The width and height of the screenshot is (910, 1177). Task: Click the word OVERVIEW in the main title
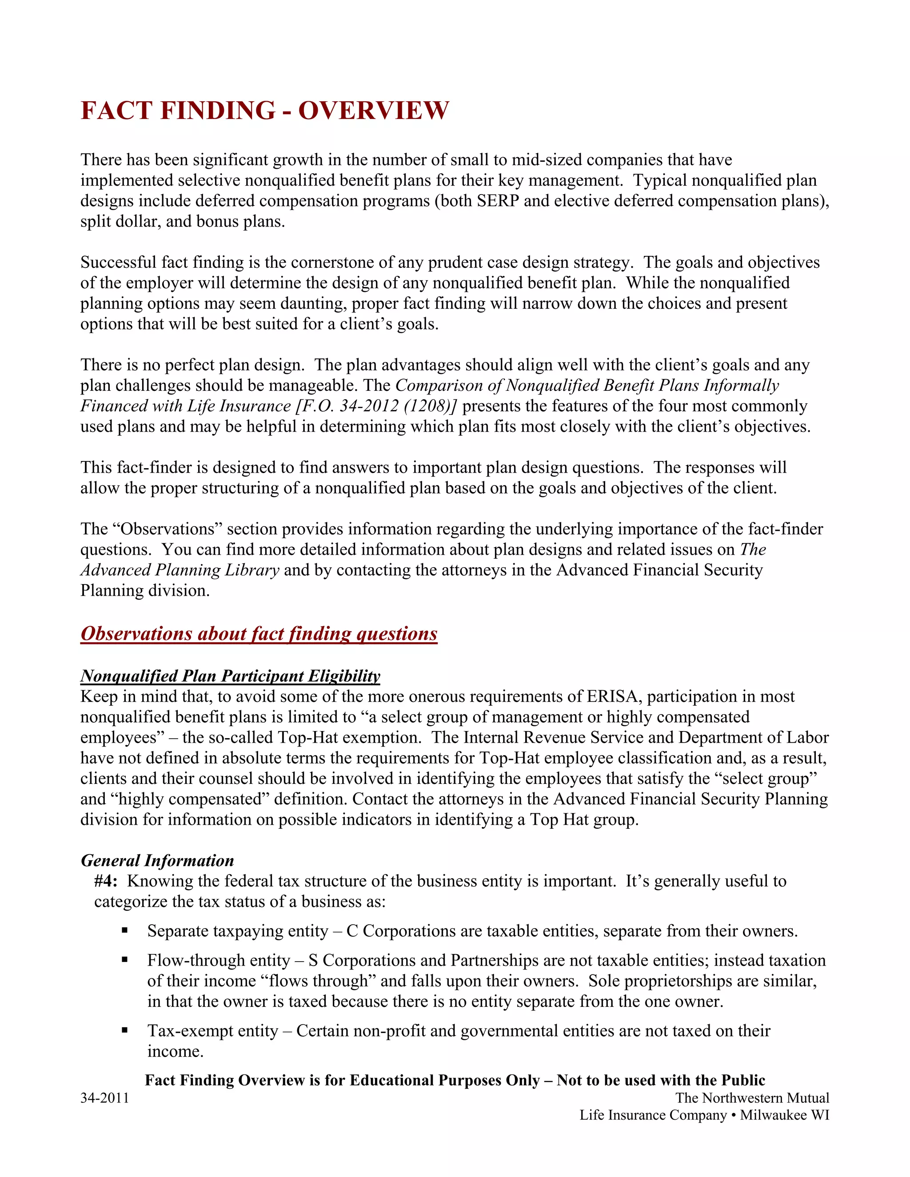coord(373,111)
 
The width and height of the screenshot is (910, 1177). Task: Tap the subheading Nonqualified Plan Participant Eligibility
coord(230,676)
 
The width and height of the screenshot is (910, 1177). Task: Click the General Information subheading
coord(157,860)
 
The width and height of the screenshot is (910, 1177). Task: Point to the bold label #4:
coord(106,881)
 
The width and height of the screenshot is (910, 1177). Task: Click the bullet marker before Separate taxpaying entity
coord(124,930)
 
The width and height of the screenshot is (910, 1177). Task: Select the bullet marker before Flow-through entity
coord(124,959)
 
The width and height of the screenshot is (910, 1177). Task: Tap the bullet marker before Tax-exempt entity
coord(124,1030)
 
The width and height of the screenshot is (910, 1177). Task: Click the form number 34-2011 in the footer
coord(104,1098)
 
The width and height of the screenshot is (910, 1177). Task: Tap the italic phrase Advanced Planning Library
coord(180,570)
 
